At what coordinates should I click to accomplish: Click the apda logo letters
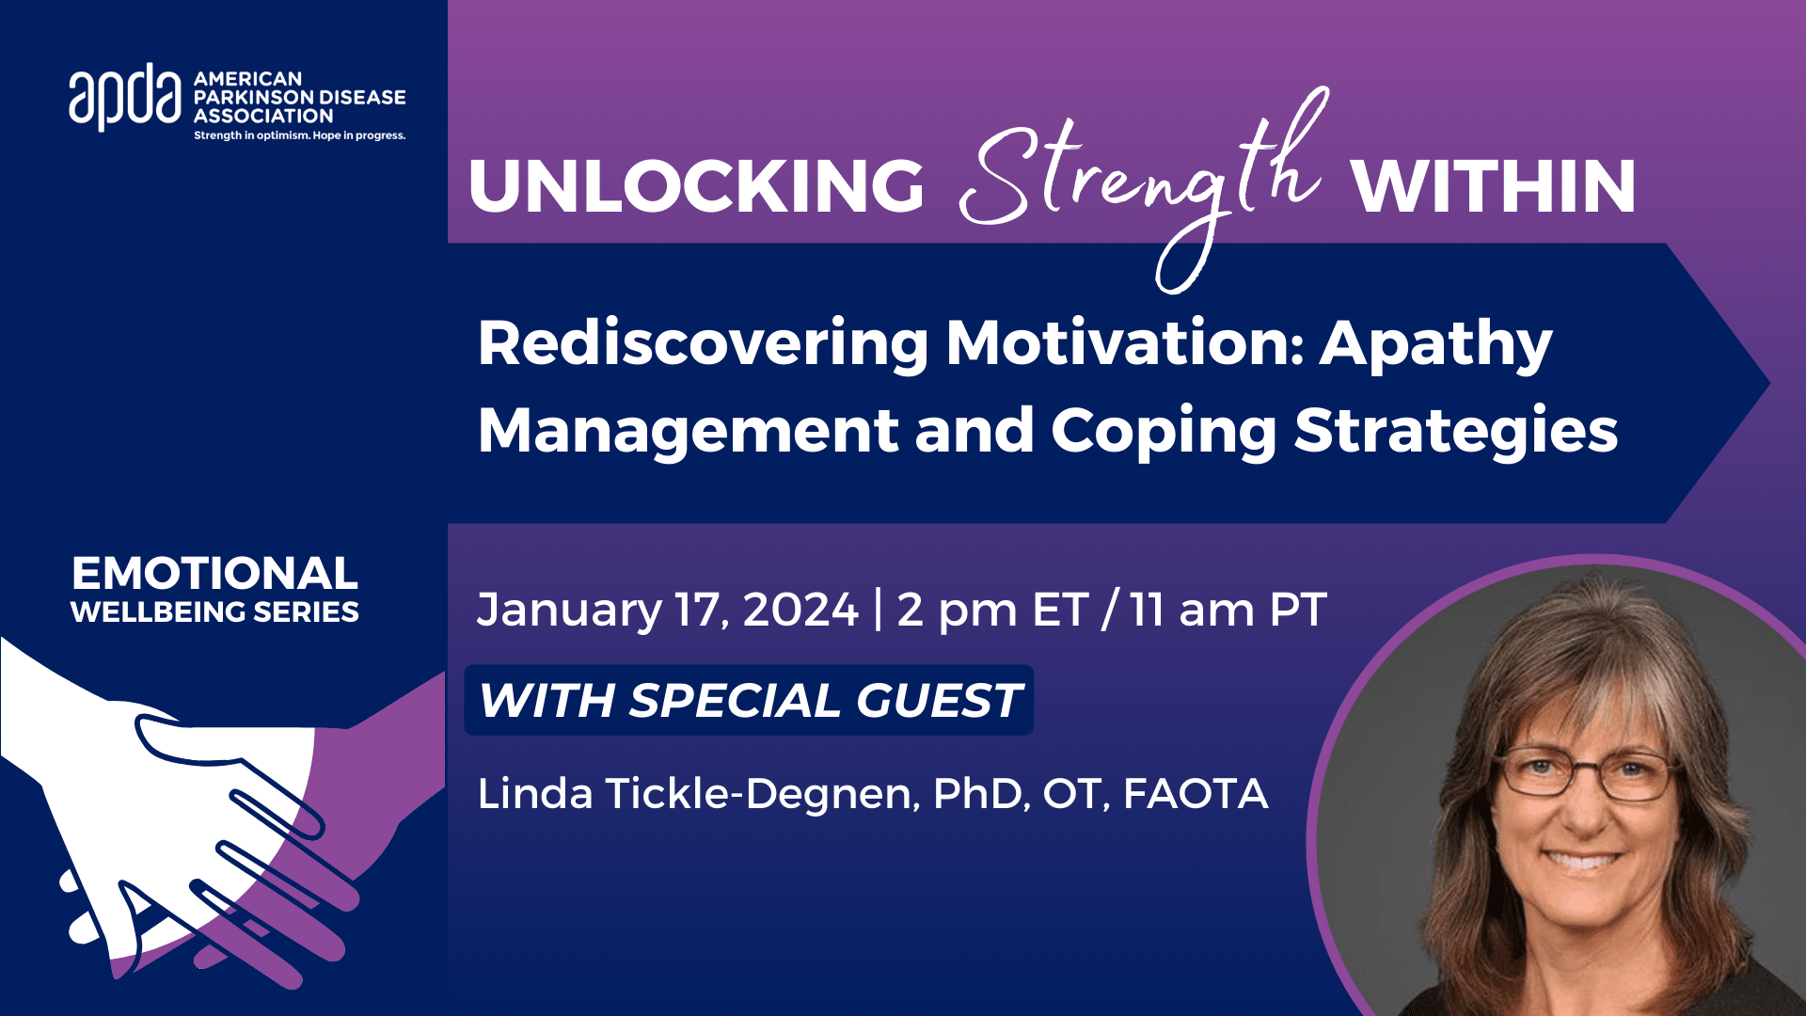[124, 97]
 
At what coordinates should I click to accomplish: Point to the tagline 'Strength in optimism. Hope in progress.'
[299, 135]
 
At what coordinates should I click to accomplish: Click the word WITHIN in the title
[1494, 186]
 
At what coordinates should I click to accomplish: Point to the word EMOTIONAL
[214, 573]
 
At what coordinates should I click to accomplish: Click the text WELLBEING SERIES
[214, 612]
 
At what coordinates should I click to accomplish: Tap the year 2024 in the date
[800, 610]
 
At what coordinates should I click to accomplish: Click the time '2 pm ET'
[992, 610]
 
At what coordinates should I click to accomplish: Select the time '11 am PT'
[1228, 610]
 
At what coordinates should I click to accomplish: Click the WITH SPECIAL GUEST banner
[749, 700]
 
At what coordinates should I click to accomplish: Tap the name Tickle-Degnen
[760, 794]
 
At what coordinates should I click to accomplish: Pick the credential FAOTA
[1196, 794]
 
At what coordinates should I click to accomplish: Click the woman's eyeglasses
[1586, 774]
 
